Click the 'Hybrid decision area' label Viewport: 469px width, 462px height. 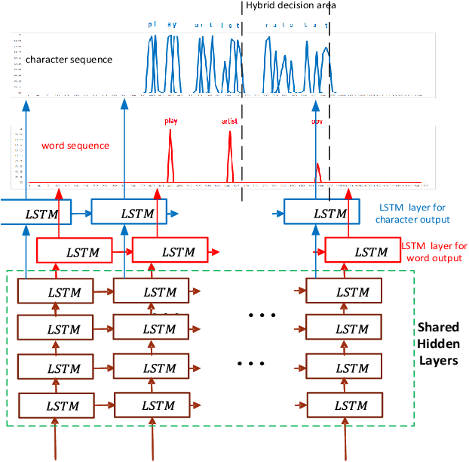[x=290, y=6]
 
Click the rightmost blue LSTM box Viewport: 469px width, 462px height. [x=329, y=214]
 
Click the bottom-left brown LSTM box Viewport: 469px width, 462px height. [x=63, y=405]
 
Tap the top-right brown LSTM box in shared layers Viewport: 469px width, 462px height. [x=351, y=291]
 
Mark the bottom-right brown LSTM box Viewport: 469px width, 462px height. [x=351, y=405]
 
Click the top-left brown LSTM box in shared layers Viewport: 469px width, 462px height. [x=63, y=291]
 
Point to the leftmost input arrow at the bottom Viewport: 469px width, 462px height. [x=55, y=442]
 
